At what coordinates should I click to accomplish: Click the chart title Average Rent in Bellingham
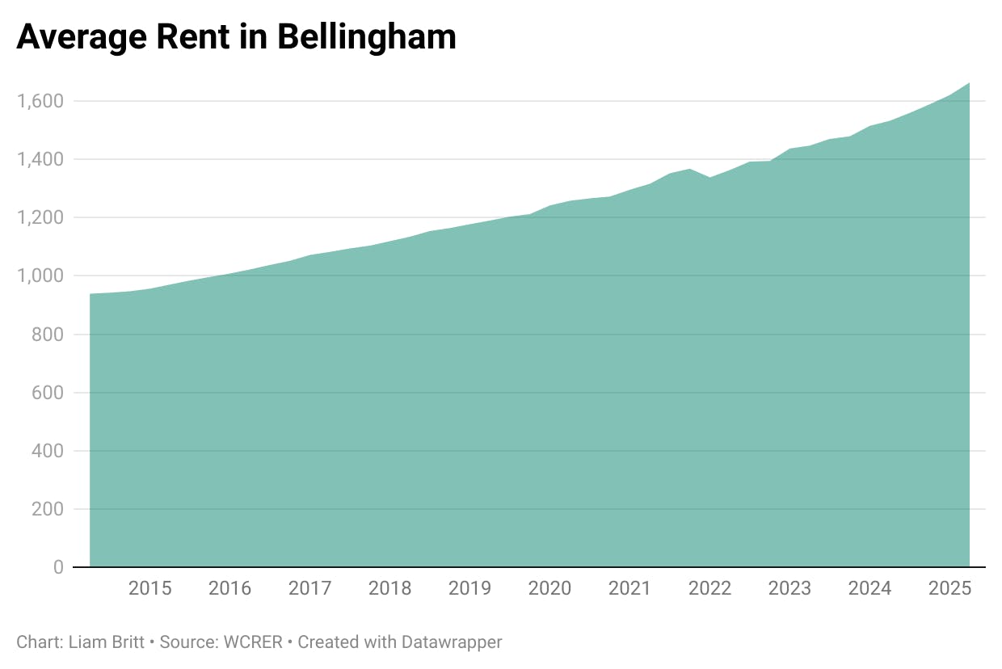point(236,37)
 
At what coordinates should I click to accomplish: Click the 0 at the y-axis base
point(58,567)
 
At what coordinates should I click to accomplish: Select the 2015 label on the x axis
point(150,588)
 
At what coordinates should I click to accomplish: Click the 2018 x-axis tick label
point(389,588)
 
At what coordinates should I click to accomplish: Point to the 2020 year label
point(549,588)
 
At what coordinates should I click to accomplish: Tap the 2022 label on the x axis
point(709,588)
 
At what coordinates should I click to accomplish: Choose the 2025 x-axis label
point(949,588)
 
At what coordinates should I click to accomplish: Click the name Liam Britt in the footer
point(105,642)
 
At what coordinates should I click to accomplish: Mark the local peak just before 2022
point(689,169)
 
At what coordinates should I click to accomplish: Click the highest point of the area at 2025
point(969,83)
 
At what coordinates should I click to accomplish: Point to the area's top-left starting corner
point(91,294)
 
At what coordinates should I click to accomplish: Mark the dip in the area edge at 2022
point(709,177)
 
